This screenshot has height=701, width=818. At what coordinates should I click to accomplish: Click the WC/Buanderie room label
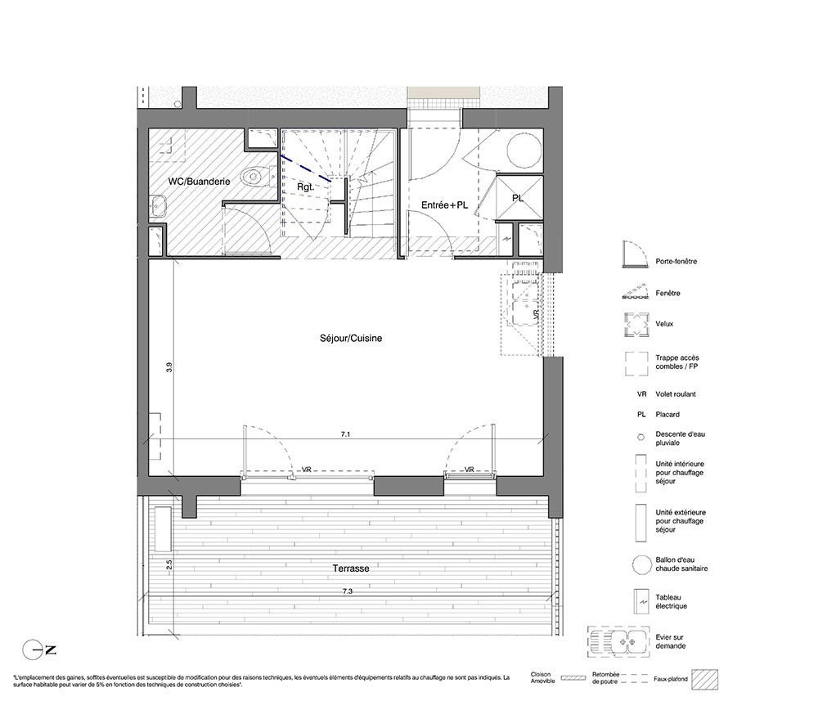pos(199,182)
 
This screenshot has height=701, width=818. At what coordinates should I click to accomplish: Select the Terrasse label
pos(351,568)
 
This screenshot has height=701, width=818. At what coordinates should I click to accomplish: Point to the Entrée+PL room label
pos(444,205)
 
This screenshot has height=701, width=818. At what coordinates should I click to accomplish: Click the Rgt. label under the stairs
pos(305,186)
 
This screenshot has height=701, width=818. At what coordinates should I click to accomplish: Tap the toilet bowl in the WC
pos(256,177)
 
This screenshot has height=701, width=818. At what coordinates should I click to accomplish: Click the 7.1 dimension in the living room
pos(345,434)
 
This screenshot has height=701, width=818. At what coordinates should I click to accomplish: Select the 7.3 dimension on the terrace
pos(348,591)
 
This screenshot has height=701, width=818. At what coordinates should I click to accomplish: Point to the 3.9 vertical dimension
pos(169,367)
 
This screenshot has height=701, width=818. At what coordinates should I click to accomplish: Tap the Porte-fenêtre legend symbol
pos(636,254)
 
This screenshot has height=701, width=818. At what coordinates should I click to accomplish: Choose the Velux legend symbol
pos(636,324)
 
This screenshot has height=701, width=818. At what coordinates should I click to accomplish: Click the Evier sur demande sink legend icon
pos(618,642)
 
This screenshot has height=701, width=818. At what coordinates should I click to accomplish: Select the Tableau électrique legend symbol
pos(640,602)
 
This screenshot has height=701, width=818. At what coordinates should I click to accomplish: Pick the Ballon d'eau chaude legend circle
pos(640,564)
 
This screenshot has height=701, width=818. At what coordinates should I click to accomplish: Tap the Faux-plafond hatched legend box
pos(705,680)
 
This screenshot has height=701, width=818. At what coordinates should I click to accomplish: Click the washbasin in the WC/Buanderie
pos(158,206)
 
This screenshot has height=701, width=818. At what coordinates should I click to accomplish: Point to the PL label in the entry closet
pos(518,198)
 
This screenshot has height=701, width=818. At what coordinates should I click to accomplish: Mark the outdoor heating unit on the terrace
pos(164,528)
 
